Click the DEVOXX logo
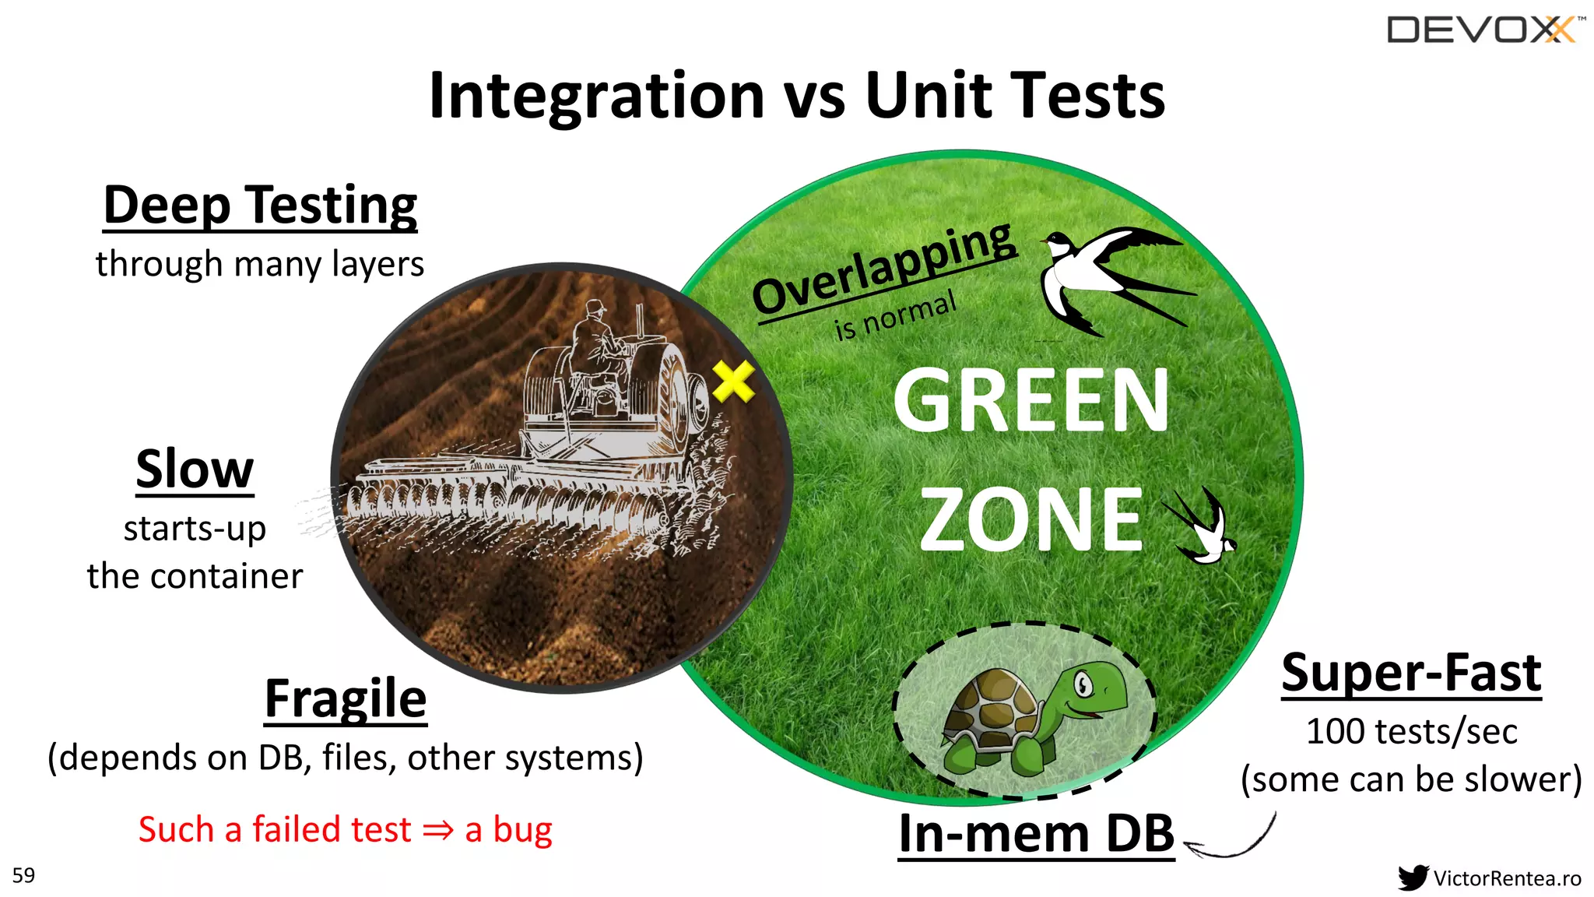[1483, 30]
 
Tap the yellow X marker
[733, 381]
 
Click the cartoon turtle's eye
[1083, 686]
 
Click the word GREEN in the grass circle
[1030, 400]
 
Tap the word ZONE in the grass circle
[1030, 519]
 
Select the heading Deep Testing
[260, 206]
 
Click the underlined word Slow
[195, 469]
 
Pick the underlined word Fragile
[346, 698]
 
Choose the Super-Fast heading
[1411, 673]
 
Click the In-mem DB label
[1035, 834]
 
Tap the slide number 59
[24, 875]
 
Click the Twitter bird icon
[1412, 878]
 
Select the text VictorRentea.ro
[1507, 878]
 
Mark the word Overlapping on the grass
[883, 269]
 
